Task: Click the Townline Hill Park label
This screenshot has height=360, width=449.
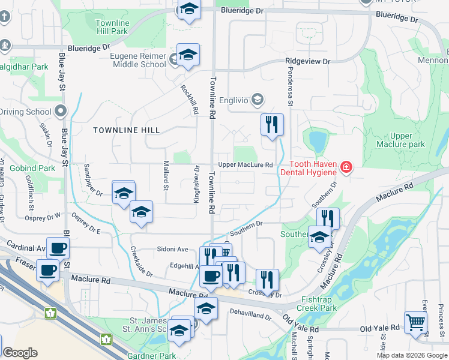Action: coord(112,27)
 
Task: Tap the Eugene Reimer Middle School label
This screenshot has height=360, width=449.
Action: coord(137,60)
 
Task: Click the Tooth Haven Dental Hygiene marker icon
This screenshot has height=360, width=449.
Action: coord(346,167)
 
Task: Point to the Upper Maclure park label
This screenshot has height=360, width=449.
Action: coord(400,140)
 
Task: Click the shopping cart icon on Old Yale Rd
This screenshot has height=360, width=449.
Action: coord(415,322)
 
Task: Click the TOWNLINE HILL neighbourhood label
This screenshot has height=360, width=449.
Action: coord(126,130)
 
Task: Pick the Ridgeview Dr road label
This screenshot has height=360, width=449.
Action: coord(308,62)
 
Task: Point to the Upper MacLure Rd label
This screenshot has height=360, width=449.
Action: coord(246,164)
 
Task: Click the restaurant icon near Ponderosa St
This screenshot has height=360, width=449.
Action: coord(272,124)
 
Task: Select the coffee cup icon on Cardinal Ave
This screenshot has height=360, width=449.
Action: coord(58,247)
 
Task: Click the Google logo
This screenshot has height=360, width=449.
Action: coord(20,353)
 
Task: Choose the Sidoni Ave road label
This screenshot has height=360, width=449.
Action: coord(173,249)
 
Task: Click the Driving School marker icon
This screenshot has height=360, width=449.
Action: coord(60,111)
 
